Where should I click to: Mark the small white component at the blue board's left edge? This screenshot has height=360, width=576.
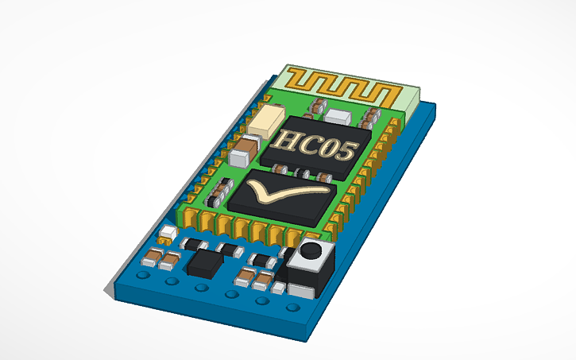pos(168,234)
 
